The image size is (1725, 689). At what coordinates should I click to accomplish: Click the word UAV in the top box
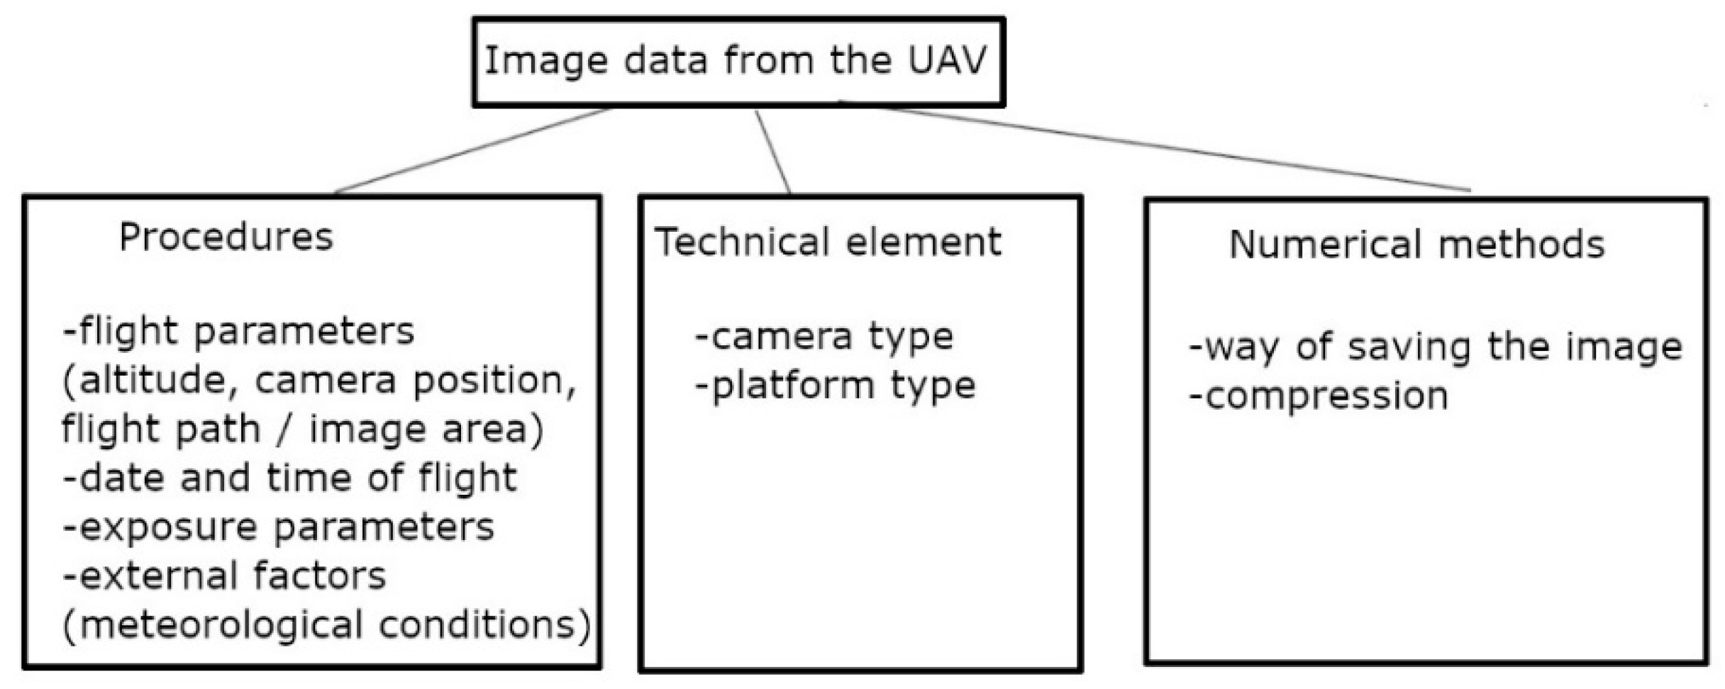(946, 60)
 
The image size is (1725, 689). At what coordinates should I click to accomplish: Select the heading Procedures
(226, 237)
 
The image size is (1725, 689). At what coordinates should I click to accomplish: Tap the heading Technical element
(827, 242)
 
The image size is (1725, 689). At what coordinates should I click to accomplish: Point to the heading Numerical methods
(1416, 245)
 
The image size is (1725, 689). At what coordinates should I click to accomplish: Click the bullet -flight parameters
(238, 332)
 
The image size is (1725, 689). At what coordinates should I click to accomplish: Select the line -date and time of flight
(289, 478)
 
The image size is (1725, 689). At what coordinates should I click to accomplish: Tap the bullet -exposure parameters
(278, 527)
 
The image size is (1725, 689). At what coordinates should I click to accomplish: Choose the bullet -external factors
(224, 576)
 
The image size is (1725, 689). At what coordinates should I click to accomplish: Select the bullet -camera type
(824, 337)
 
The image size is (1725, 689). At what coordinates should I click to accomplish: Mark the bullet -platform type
(836, 386)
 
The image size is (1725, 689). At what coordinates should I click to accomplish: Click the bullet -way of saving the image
(1434, 347)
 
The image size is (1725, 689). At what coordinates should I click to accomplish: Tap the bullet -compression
(1318, 396)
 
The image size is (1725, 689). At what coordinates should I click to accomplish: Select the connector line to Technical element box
(773, 152)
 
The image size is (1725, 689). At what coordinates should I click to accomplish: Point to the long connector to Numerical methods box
(1163, 147)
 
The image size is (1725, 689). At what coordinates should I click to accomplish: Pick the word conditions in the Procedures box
(484, 625)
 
